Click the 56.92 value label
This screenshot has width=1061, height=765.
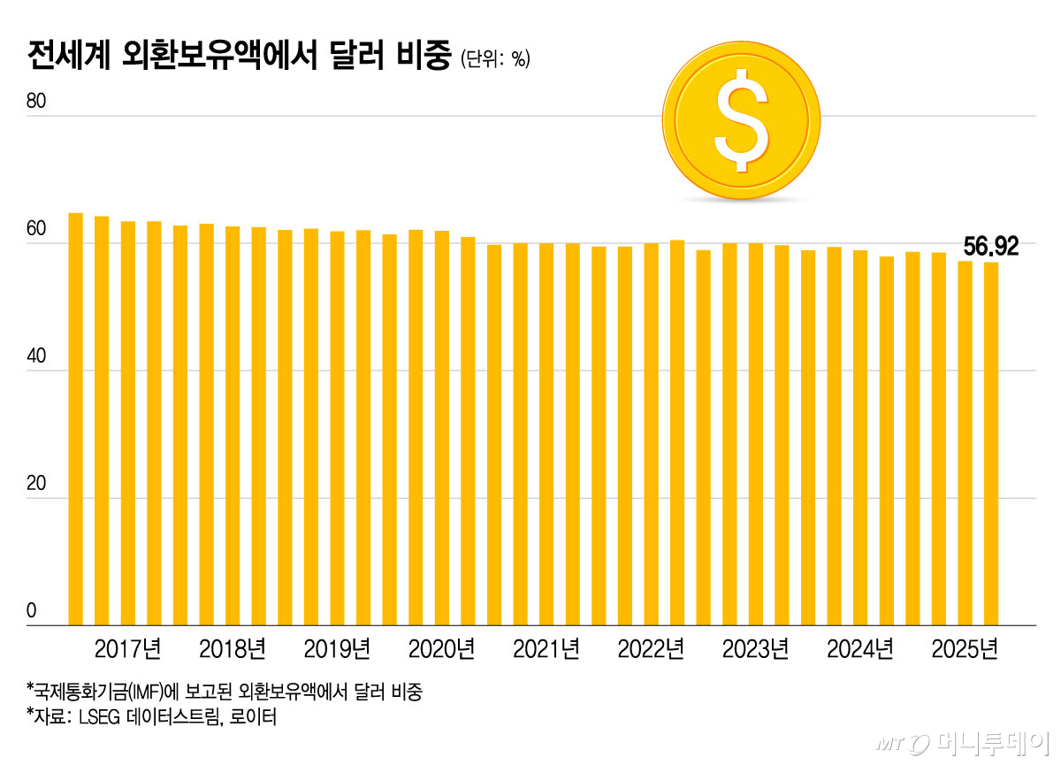pyautogui.click(x=989, y=245)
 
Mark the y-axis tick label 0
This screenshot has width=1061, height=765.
pyautogui.click(x=31, y=610)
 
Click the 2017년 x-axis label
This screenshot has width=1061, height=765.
pyautogui.click(x=127, y=649)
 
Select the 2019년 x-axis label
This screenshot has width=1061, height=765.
pyautogui.click(x=337, y=649)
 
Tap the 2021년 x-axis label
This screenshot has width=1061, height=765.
pyautogui.click(x=546, y=649)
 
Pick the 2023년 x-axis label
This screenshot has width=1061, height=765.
pyautogui.click(x=755, y=649)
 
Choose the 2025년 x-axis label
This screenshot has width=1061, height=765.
pyautogui.click(x=965, y=649)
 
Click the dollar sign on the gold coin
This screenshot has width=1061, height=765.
pyautogui.click(x=741, y=122)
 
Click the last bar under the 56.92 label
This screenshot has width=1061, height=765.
pyautogui.click(x=992, y=442)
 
